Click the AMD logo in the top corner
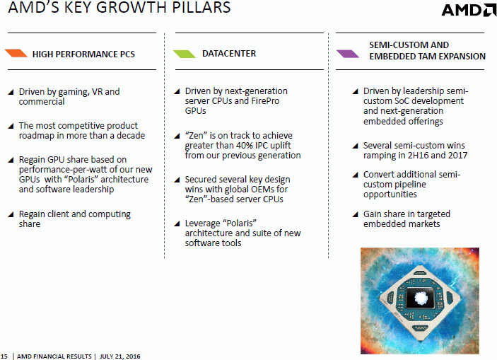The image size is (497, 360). point(469,10)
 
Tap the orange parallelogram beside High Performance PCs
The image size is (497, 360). point(16,53)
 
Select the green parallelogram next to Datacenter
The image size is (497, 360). point(185,54)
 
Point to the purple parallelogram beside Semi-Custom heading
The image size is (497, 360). point(348,54)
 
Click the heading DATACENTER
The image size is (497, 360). point(229,54)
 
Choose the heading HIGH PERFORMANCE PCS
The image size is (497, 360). point(83,54)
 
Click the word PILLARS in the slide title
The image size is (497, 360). point(201,7)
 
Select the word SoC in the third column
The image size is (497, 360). point(402,101)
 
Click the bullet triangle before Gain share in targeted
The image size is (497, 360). point(356,214)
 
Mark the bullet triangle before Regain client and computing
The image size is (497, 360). point(11,214)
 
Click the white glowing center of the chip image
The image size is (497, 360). point(421,298)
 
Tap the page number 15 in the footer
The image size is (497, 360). point(4,356)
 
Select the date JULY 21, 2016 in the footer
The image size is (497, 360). point(119,356)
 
